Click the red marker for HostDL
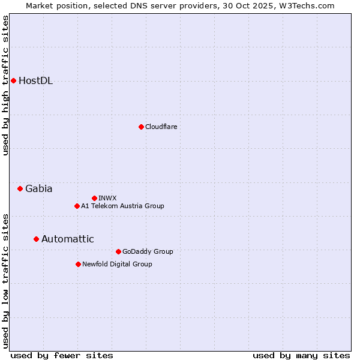point(13,80)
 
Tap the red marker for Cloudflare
point(141,127)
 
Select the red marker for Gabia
point(20,188)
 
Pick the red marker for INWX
point(94,198)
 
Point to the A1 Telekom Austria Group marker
point(77,206)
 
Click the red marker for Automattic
point(36,239)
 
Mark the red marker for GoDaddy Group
point(118,251)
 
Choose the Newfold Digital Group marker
point(78,264)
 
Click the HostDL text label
point(36,81)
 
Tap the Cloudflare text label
point(161,127)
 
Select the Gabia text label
point(39,188)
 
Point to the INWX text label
point(108,198)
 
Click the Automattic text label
point(68,239)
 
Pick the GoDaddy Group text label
point(148,251)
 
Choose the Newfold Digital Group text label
point(118,264)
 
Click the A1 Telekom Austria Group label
point(122,206)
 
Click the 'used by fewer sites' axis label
point(62,355)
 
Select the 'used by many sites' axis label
point(301,355)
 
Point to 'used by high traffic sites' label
point(5,85)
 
